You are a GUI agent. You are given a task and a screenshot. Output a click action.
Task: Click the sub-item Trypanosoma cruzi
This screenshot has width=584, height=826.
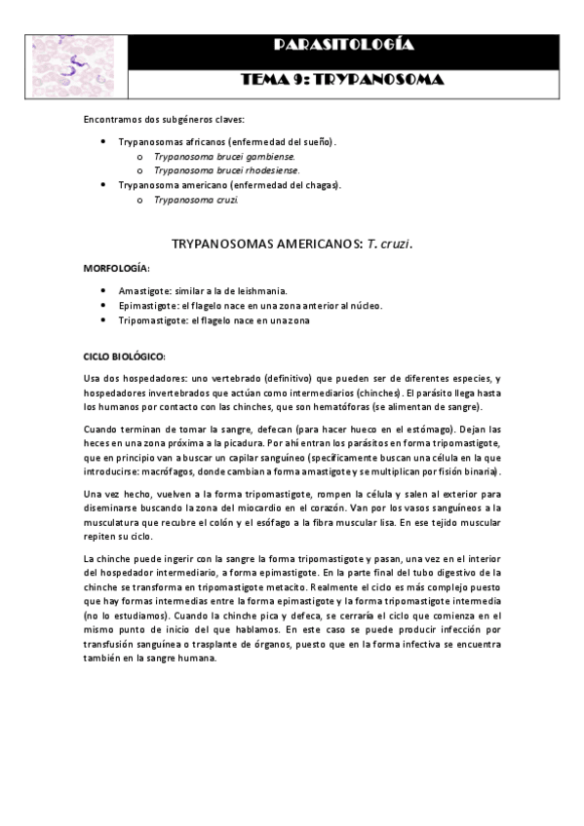(196, 199)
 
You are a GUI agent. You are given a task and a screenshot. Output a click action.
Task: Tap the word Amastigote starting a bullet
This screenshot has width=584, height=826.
(146, 291)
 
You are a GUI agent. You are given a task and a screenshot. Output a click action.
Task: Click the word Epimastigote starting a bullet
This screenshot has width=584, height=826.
(148, 306)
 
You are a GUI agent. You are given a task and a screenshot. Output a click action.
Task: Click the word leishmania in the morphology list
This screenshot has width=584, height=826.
(282, 291)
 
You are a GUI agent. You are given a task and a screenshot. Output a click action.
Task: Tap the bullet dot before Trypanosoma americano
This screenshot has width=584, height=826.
(103, 184)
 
